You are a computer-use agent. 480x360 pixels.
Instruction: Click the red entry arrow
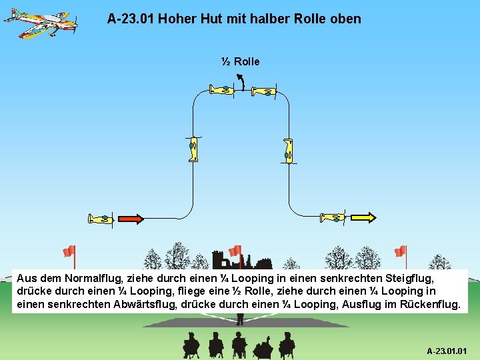pos(131,218)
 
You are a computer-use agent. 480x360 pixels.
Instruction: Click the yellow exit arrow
pos(363,217)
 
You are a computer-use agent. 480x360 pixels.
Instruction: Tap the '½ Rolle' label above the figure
pos(240,61)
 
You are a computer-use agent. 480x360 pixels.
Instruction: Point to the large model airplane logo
pos(40,21)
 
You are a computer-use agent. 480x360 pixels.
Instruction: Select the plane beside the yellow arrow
pos(333,217)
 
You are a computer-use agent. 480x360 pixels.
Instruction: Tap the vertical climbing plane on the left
pos(193,148)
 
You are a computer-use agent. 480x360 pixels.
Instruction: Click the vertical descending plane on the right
pos(288,151)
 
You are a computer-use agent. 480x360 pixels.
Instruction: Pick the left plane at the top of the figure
pos(221,89)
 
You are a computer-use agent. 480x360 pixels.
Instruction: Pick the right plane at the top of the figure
pos(265,91)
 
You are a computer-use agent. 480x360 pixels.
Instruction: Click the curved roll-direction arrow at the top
pos(242,81)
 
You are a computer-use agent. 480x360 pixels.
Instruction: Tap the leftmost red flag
pos(69,251)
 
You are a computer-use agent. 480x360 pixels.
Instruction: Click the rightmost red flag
pos(400,251)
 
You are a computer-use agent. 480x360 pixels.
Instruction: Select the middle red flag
pos(235,251)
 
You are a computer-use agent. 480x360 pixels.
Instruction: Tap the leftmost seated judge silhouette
pos(191,345)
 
